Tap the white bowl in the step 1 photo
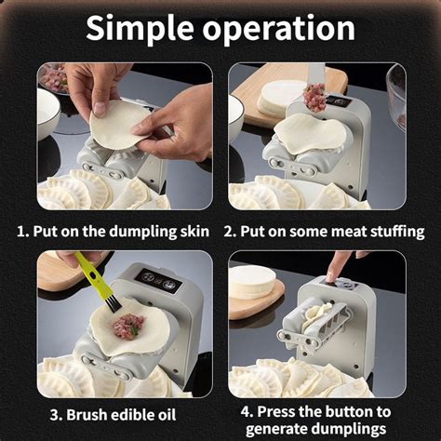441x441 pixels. [x=47, y=114]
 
